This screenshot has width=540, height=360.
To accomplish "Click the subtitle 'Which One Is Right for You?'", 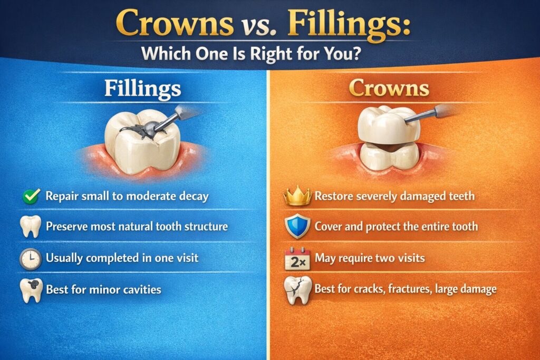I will point(269,54).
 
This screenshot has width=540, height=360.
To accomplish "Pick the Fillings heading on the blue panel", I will point(142,89).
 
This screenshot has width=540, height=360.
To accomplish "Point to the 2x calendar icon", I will point(296,259).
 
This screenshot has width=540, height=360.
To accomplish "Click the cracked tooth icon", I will point(296,290).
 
